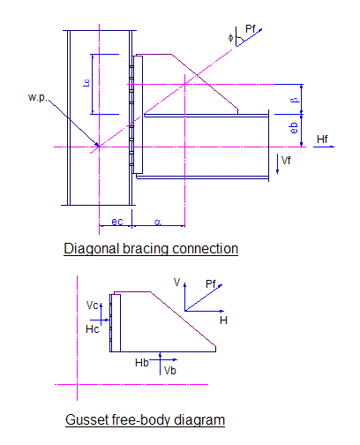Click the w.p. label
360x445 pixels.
[37, 97]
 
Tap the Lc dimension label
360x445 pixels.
[86, 83]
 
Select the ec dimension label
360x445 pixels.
[117, 222]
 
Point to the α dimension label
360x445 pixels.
[158, 222]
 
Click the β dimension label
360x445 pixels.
[294, 100]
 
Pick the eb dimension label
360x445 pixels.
[294, 128]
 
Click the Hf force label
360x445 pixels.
[322, 139]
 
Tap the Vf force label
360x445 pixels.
[286, 161]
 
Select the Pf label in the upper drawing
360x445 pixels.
[251, 29]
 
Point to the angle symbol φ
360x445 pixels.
[230, 38]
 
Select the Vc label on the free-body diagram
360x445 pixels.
[92, 305]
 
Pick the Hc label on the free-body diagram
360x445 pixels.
[92, 329]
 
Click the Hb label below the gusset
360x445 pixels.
[142, 363]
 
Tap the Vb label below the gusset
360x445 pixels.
[169, 371]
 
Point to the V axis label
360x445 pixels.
[176, 283]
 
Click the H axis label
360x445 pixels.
[223, 321]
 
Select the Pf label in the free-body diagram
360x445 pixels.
[211, 284]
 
